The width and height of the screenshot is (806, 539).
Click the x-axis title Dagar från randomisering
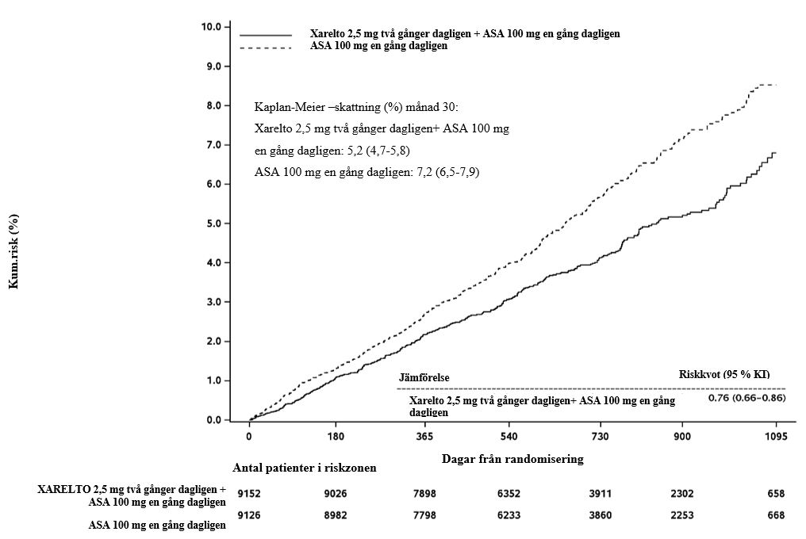pos(512,459)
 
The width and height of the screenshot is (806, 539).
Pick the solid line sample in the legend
pos(266,35)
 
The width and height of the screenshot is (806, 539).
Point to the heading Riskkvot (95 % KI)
pos(724,374)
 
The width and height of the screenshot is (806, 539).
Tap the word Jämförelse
pos(424,378)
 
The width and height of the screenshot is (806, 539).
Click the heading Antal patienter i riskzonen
pos(304,468)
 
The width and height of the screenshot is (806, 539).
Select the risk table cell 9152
pos(249,494)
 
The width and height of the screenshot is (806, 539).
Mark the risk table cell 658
pos(776,494)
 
